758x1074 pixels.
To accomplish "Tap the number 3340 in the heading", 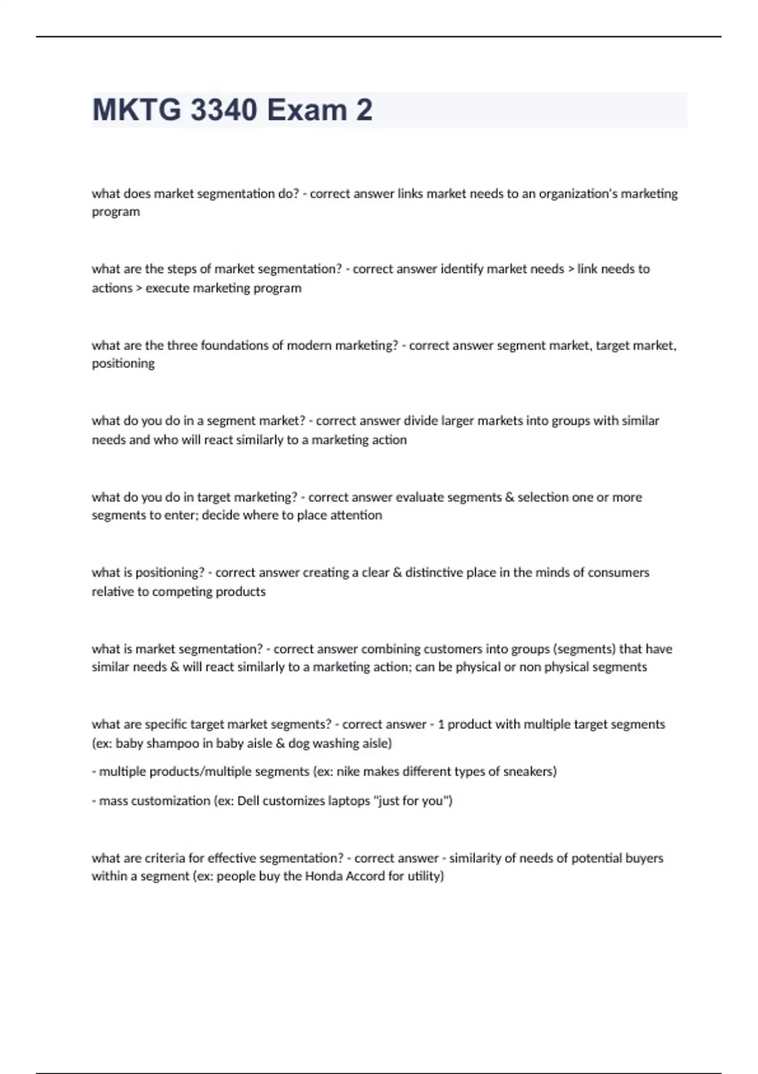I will click(x=224, y=110).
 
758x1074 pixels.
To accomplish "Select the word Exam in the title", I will click(x=307, y=110).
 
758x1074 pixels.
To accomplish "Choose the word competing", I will click(x=182, y=592).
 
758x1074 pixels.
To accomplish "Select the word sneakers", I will click(x=527, y=771).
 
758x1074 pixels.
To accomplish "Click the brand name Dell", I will click(x=248, y=801).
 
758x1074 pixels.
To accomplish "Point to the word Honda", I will click(x=325, y=876).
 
